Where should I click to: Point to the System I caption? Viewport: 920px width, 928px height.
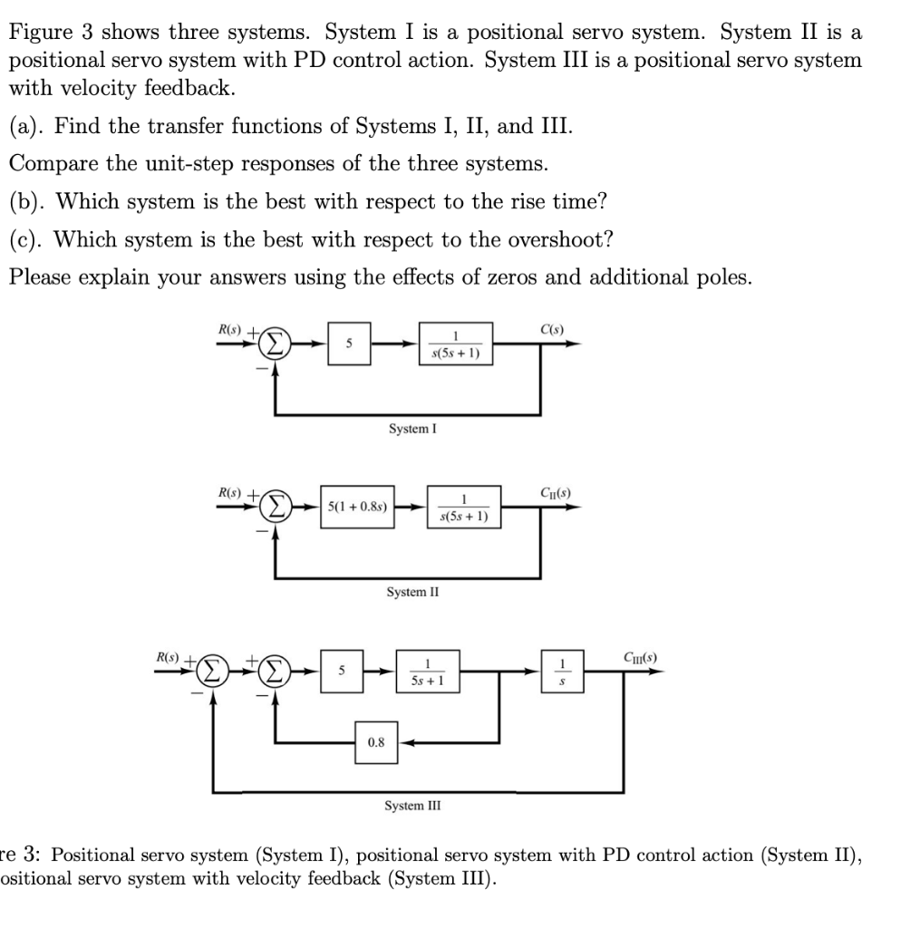click(x=412, y=428)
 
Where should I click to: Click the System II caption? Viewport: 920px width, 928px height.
click(x=412, y=592)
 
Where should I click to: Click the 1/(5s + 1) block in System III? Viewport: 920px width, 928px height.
click(x=426, y=672)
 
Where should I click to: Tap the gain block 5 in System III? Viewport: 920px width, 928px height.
click(x=342, y=672)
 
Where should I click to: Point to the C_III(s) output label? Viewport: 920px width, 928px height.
click(x=640, y=656)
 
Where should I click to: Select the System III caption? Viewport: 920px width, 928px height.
click(x=412, y=805)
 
